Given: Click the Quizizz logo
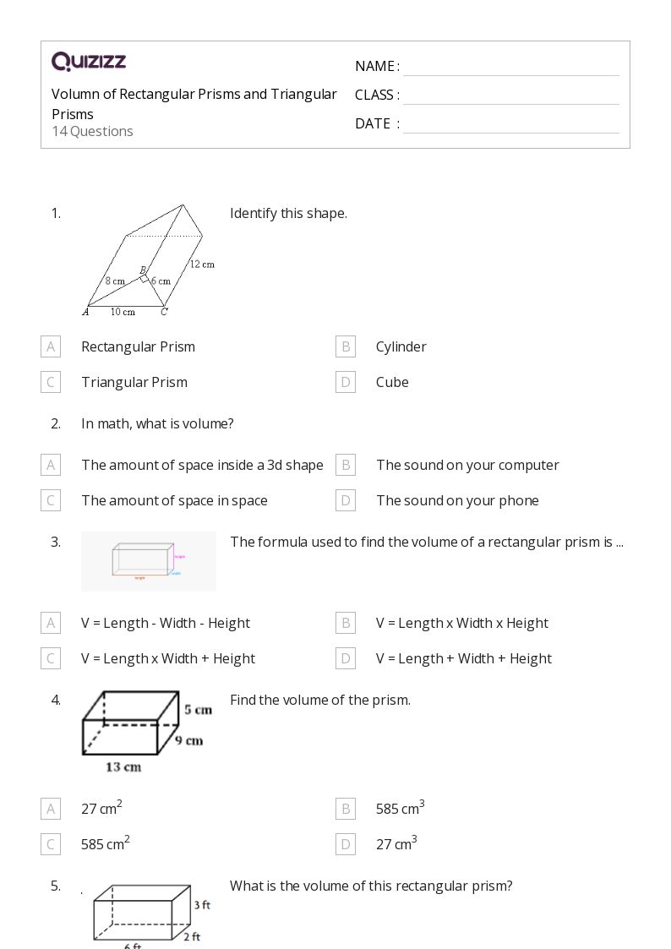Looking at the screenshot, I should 89,62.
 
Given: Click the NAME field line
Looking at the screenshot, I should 510,68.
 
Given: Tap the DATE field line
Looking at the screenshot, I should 510,125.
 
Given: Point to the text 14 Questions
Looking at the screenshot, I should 92,131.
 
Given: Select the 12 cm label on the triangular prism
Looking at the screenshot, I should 202,265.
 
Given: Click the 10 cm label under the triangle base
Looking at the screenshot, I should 123,312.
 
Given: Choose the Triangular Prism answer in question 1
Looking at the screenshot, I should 134,382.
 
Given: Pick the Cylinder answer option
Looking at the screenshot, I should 401,346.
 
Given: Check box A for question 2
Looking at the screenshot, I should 51,465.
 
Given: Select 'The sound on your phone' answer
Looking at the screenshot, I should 457,500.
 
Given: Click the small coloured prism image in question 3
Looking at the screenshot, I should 148,561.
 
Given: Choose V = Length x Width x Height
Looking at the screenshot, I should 461,623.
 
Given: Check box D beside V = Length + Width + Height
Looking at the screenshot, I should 345,658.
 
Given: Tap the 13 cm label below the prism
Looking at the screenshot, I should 123,767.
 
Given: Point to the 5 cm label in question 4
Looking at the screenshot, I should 198,710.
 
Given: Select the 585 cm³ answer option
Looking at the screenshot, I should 400,809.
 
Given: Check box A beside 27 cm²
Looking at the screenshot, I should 51,809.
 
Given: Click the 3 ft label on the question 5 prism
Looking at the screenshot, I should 201,904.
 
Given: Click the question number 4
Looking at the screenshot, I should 56,700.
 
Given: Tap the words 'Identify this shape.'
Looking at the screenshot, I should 288,213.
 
